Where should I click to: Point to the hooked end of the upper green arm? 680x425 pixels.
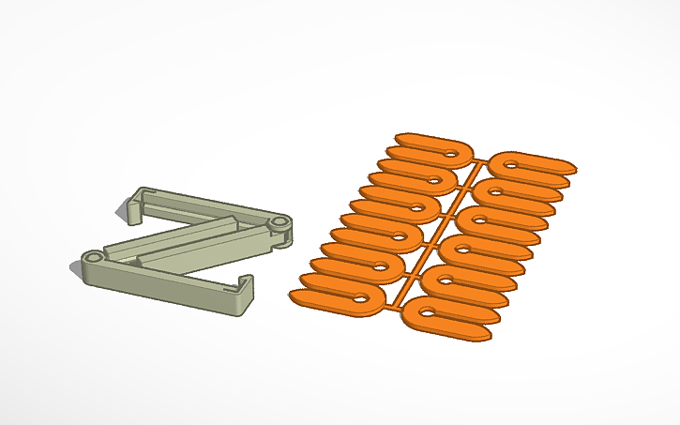pos(135,205)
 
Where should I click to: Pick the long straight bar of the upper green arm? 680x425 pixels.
pos(206,207)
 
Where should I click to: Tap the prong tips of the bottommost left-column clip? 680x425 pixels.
pos(298,297)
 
